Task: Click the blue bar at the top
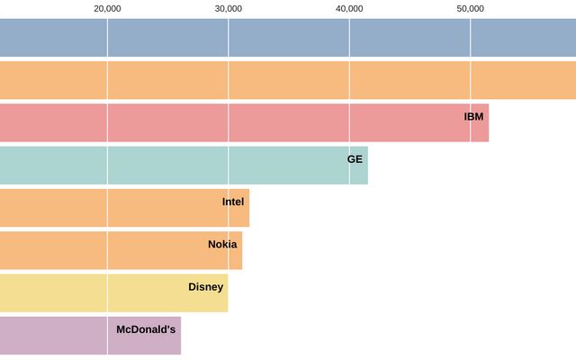(288, 38)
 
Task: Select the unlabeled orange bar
(288, 80)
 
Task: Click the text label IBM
(473, 116)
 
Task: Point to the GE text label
(355, 159)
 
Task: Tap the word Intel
(233, 202)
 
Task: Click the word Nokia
(222, 244)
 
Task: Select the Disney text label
(205, 287)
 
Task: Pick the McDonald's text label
(146, 329)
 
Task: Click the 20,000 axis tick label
(107, 8)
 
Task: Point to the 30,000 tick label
(229, 8)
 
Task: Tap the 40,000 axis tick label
(349, 8)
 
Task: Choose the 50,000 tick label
(471, 8)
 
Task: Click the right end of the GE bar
(367, 166)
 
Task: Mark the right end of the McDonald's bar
(180, 336)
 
